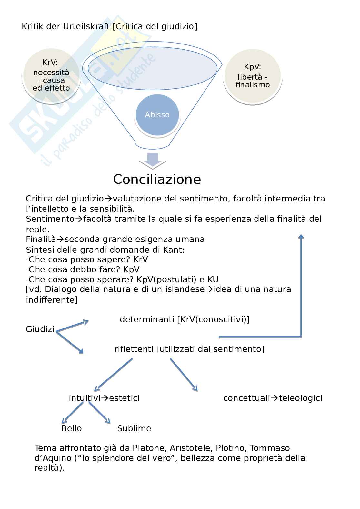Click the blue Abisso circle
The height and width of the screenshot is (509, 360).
tap(157, 115)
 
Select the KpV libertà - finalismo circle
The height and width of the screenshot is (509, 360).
tap(253, 76)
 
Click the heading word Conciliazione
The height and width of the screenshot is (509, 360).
tap(157, 179)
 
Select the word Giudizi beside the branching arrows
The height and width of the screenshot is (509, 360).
tap(40, 329)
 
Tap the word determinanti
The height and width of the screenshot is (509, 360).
tap(147, 319)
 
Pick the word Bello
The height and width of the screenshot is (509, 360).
tap(72, 428)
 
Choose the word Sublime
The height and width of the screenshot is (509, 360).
tap(134, 428)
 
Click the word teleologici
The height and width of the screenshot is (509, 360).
tap(301, 398)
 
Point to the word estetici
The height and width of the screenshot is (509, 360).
tap(125, 398)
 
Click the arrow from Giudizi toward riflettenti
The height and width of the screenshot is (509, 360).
tap(70, 342)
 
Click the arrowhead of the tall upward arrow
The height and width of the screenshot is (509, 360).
tap(301, 237)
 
